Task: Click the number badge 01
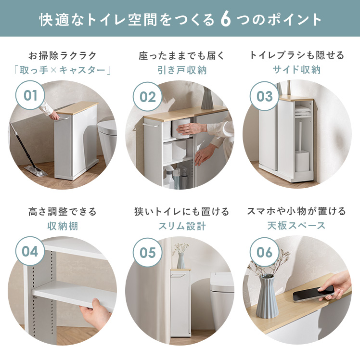click(x=30, y=95)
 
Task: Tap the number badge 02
click(x=147, y=97)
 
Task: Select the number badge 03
click(x=265, y=96)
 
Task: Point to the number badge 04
click(x=30, y=251)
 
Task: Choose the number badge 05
click(x=147, y=253)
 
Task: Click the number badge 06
click(x=265, y=252)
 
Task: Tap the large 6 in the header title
click(x=225, y=19)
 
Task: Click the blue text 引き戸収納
click(x=182, y=70)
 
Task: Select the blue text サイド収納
click(x=296, y=70)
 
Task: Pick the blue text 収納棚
click(x=63, y=226)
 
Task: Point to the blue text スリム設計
click(x=182, y=226)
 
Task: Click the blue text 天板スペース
click(x=296, y=225)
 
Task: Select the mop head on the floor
click(x=36, y=170)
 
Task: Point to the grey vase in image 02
click(x=207, y=98)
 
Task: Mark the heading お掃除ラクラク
click(x=63, y=55)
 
